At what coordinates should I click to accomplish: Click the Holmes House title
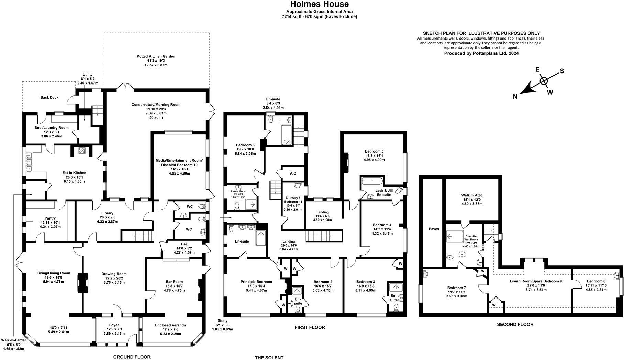[320, 4]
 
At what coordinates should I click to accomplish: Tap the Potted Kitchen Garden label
[156, 56]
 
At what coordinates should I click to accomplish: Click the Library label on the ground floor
[108, 213]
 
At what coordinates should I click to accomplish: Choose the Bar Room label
[175, 282]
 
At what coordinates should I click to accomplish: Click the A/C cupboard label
[293, 174]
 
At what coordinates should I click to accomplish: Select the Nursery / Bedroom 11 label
[293, 200]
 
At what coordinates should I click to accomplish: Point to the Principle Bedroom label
[256, 282]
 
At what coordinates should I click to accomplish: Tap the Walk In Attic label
[472, 195]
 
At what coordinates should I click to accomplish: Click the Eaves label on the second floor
[434, 229]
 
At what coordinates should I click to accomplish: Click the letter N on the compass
[515, 97]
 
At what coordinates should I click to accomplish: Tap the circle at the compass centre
[544, 81]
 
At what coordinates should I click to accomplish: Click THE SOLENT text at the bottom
[269, 358]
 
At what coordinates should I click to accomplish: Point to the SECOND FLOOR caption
[515, 324]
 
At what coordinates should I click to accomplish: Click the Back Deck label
[49, 97]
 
